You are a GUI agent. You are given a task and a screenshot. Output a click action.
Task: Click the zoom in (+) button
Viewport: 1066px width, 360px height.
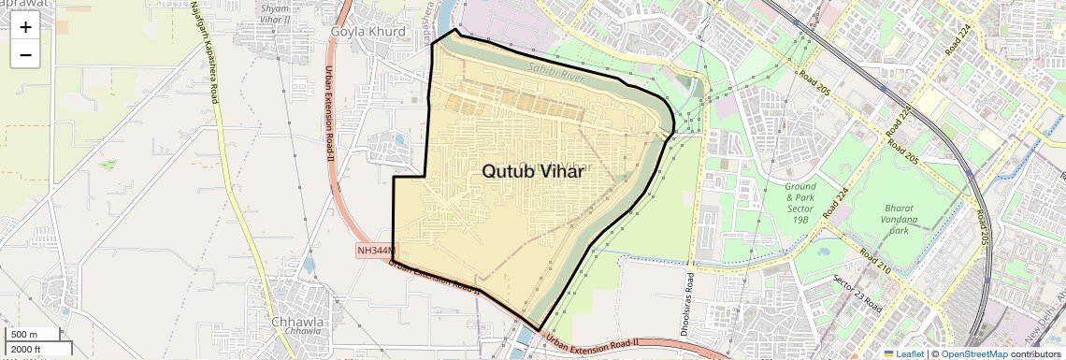pos(25,27)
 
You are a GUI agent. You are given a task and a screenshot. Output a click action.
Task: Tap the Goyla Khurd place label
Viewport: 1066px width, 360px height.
pos(367,31)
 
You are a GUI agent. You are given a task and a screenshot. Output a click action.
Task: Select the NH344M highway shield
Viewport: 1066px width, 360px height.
pos(376,251)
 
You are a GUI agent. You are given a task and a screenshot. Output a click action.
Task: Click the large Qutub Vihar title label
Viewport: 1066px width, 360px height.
pos(533,171)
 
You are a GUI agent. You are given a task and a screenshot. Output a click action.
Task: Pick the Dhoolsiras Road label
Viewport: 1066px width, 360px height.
pos(688,305)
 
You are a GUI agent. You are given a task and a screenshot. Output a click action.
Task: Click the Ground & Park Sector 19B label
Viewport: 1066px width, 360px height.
pos(799,202)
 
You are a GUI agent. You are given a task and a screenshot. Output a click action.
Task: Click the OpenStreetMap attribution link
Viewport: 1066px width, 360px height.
pos(973,354)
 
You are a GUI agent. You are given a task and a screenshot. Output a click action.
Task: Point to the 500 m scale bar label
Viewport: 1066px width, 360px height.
pos(24,335)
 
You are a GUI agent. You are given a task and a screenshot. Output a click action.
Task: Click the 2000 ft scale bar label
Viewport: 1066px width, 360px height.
pos(25,350)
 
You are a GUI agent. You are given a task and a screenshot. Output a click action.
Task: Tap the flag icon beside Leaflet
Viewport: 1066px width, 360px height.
pos(888,354)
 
